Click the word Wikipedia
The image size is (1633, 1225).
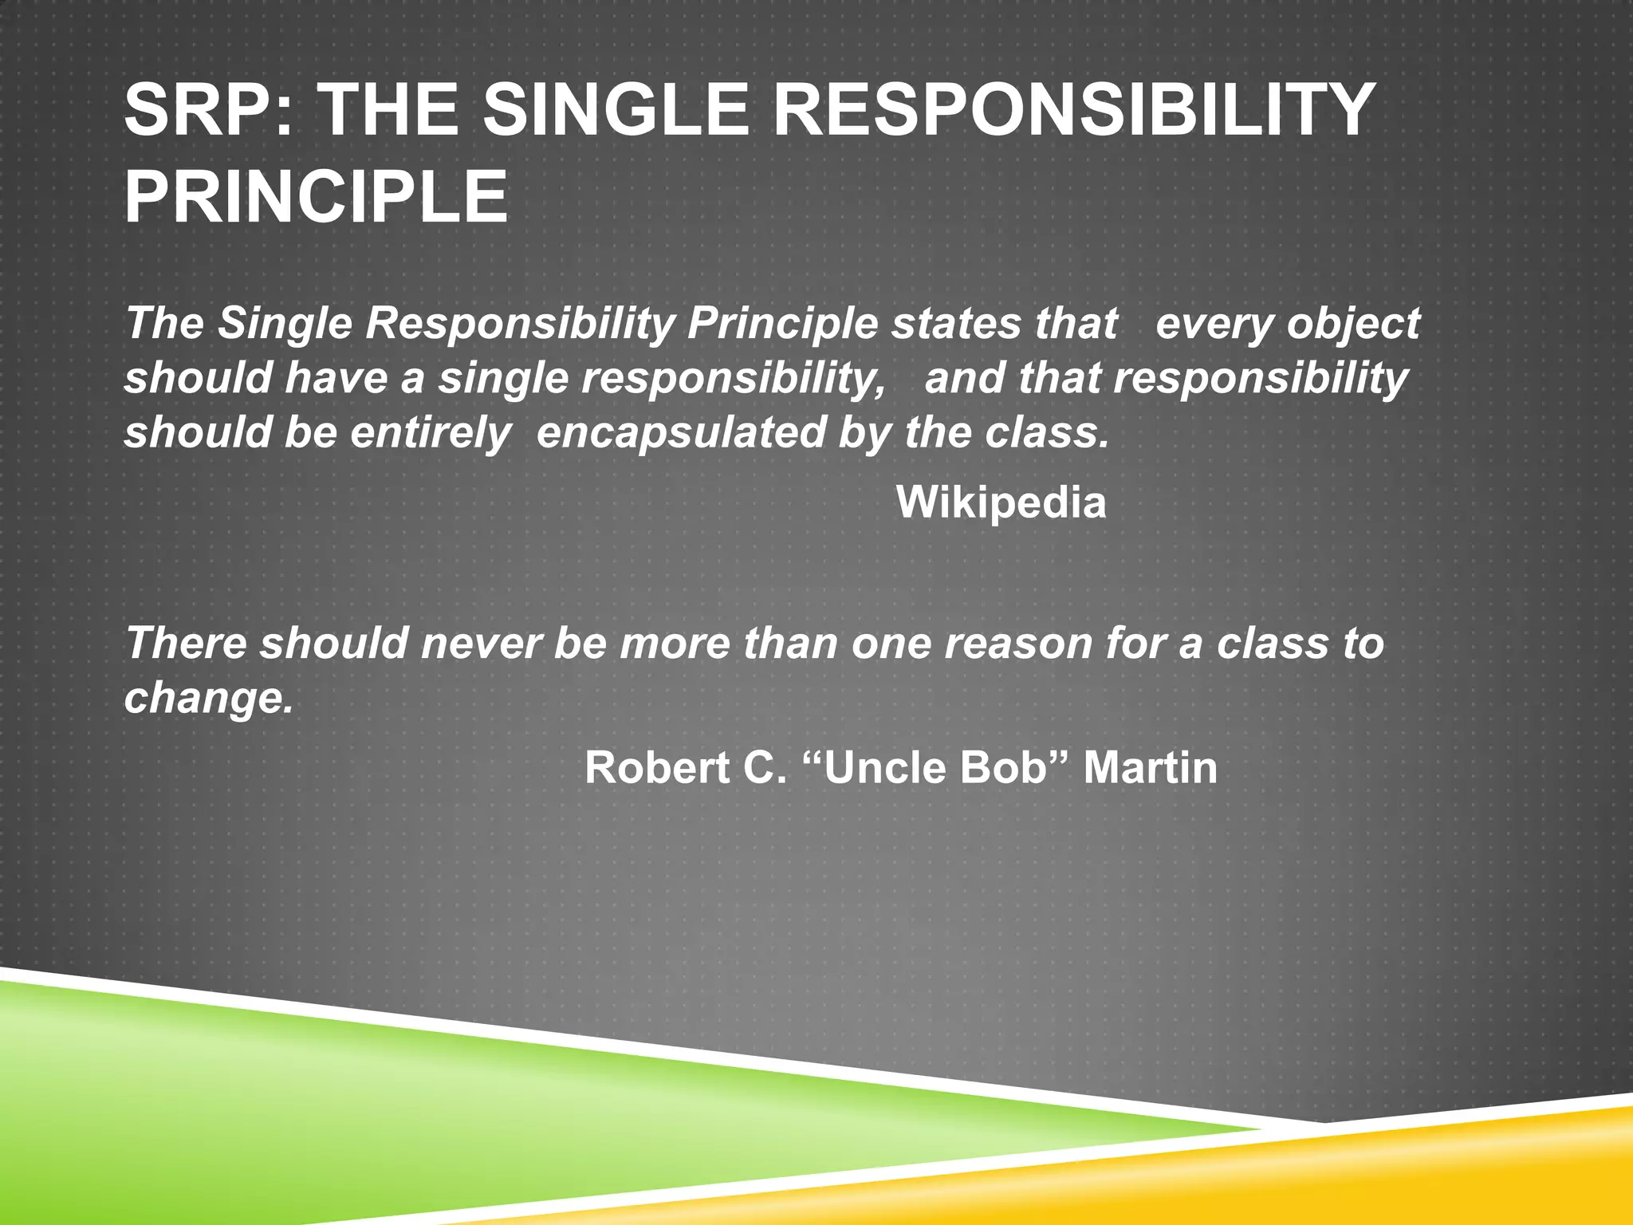coord(1001,502)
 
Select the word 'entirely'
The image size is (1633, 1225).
coord(430,434)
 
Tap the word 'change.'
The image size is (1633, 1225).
coord(209,699)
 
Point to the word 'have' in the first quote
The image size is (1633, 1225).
coord(336,378)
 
